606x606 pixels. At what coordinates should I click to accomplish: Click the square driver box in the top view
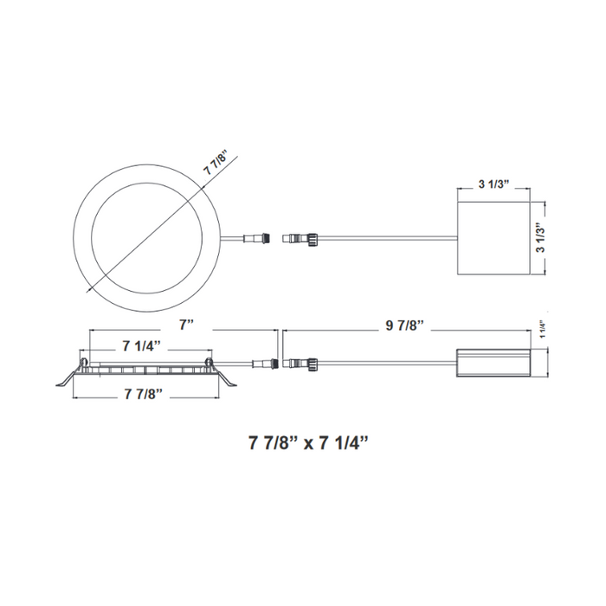pos(491,239)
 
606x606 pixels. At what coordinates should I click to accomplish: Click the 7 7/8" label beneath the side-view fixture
pos(142,393)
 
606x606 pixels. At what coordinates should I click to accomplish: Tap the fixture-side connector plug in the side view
pos(262,361)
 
